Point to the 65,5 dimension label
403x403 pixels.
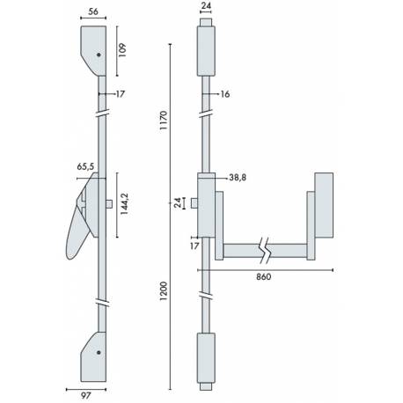click(x=86, y=165)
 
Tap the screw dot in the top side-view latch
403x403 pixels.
click(x=100, y=55)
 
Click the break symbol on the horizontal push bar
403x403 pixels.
click(x=264, y=249)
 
